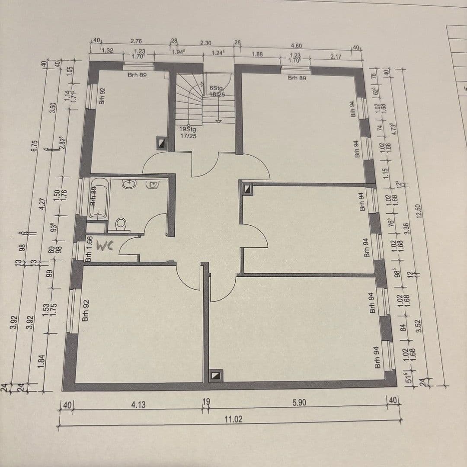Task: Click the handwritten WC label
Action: click(x=104, y=246)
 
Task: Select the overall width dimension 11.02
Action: click(x=233, y=419)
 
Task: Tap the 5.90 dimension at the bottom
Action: click(x=299, y=403)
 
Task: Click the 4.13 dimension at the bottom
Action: click(x=138, y=405)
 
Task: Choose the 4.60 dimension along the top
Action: click(x=297, y=45)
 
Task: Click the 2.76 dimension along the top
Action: click(x=136, y=42)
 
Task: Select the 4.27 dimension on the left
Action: click(x=42, y=204)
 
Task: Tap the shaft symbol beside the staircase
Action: click(x=161, y=143)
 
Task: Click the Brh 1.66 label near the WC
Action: click(x=89, y=249)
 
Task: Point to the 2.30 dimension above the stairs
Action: click(x=206, y=43)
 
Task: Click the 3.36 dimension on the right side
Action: click(x=406, y=229)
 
